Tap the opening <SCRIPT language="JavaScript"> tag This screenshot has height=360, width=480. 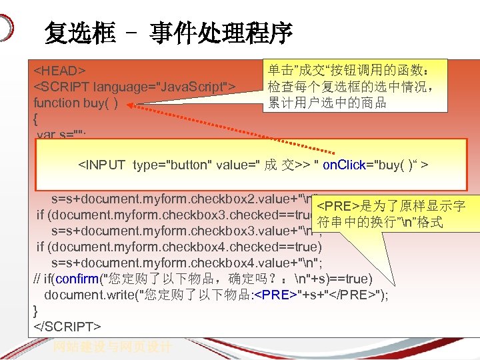click(134, 87)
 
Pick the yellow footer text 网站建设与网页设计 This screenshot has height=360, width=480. click(114, 347)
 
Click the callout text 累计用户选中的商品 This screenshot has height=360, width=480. click(327, 103)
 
